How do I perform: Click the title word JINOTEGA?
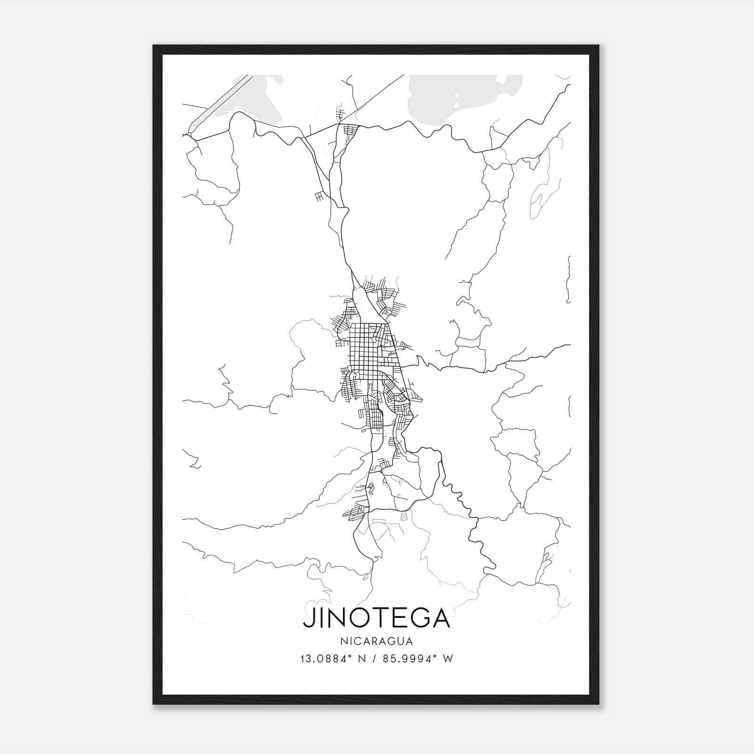click(377, 618)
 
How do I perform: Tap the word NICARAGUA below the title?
click(377, 641)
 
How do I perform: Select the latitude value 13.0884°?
click(326, 658)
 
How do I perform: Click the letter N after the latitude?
click(361, 658)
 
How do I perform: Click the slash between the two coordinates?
click(374, 658)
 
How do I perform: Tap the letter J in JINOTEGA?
click(309, 618)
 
